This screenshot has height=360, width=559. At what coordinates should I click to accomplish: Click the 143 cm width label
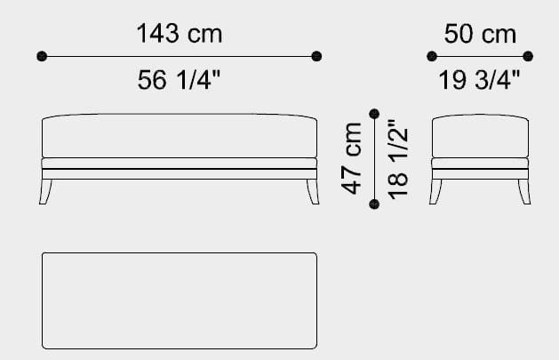(x=180, y=35)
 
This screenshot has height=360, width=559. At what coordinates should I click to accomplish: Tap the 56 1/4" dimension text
(x=180, y=80)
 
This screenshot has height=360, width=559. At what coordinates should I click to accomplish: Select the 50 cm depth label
(x=480, y=35)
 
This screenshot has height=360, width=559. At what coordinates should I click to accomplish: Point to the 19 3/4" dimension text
(x=480, y=80)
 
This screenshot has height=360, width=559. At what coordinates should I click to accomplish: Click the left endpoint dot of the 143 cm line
(x=42, y=57)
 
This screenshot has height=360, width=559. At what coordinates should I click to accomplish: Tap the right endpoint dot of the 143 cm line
(x=316, y=57)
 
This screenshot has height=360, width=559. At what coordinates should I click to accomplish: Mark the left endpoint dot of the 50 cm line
(x=432, y=57)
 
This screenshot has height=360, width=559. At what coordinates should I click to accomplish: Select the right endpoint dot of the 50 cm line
(x=528, y=57)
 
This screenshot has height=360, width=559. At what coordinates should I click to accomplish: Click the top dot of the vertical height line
(x=374, y=114)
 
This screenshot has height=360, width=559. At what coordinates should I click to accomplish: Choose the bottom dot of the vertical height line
(x=374, y=204)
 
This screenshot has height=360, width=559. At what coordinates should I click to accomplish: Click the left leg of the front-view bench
(x=46, y=190)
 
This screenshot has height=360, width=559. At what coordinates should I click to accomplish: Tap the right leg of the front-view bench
(x=312, y=190)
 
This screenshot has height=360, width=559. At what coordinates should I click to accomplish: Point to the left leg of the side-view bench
(x=436, y=190)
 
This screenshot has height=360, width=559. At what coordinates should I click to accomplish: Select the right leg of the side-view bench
(x=525, y=190)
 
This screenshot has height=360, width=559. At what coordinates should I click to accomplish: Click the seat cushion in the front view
(x=180, y=136)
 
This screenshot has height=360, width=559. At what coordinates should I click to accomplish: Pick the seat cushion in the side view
(x=480, y=136)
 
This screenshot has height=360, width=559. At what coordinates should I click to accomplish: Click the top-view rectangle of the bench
(x=180, y=300)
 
